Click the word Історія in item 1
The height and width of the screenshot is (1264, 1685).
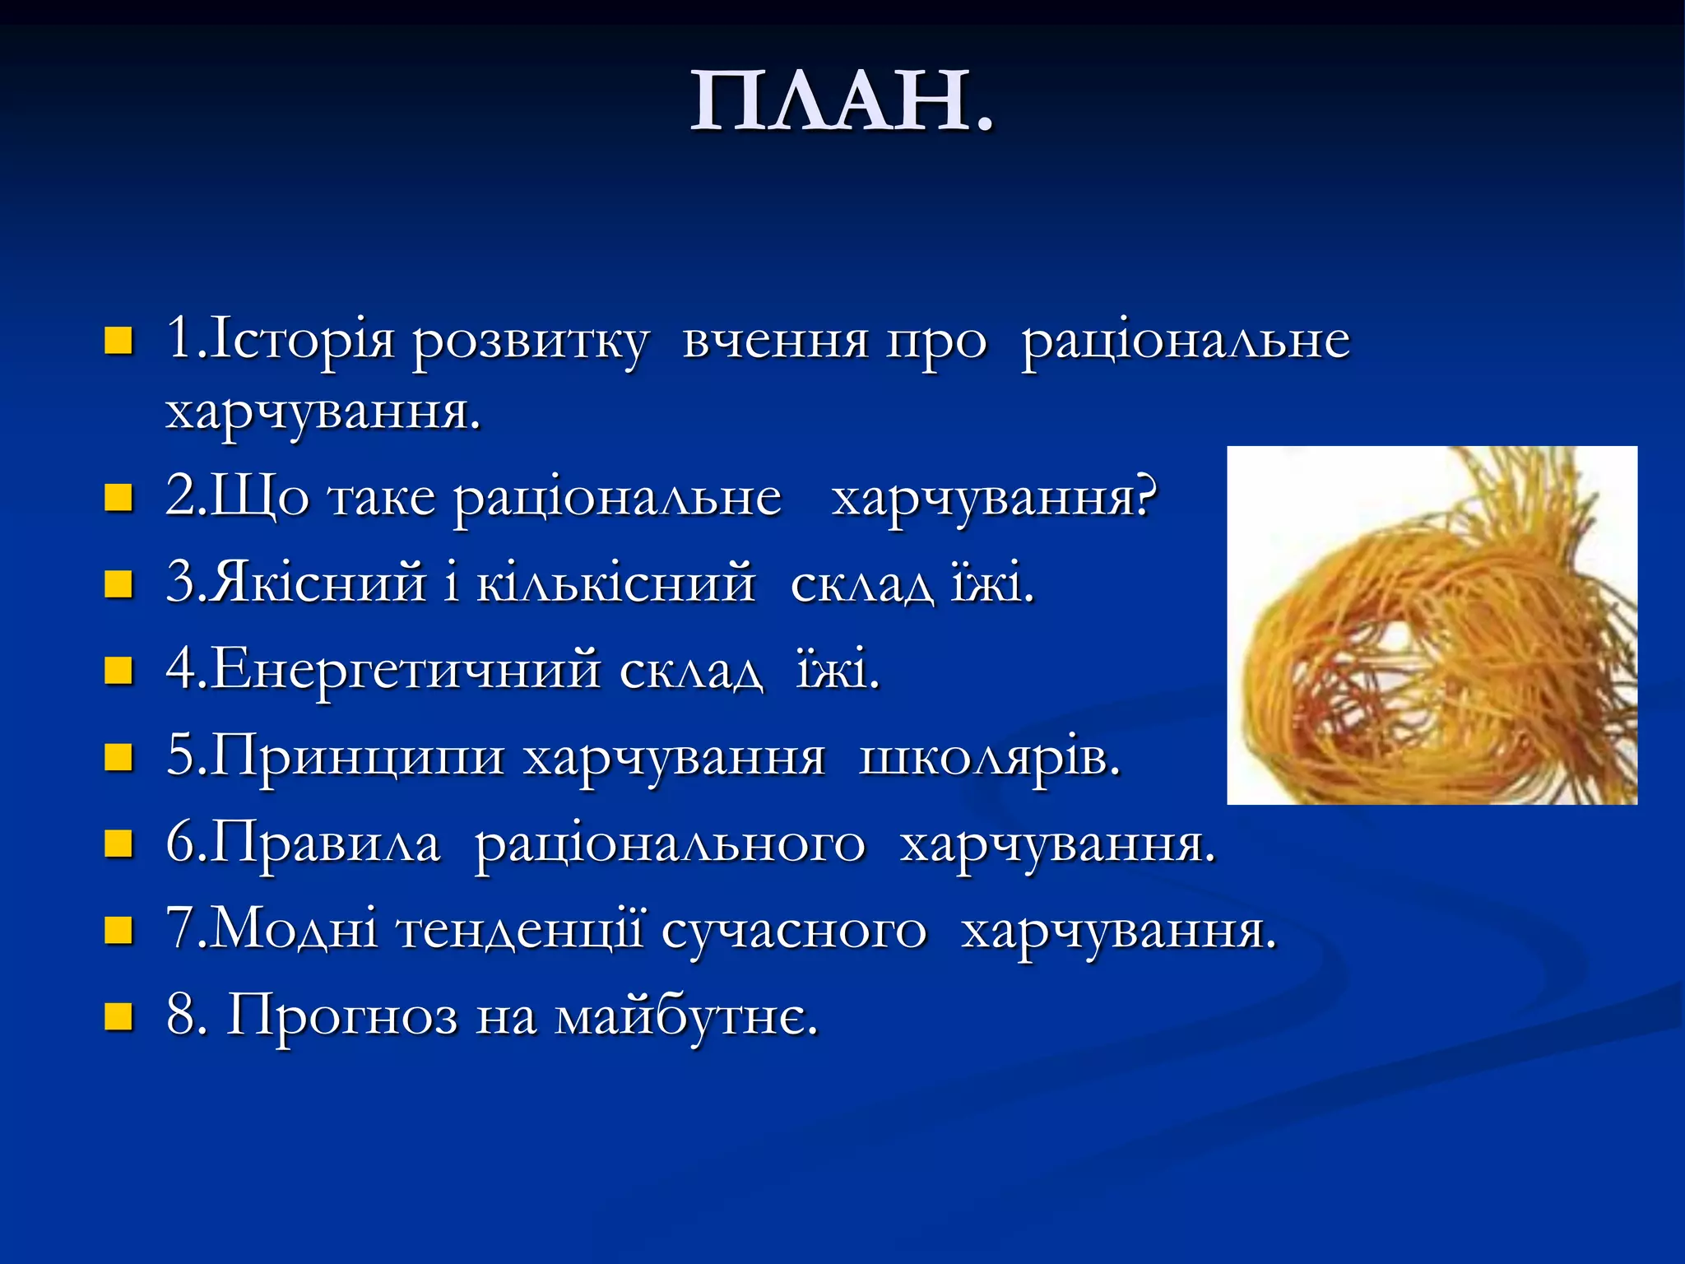coord(300,340)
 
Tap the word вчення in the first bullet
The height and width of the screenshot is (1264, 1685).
coord(775,340)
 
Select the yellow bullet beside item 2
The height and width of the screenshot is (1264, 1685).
coord(118,498)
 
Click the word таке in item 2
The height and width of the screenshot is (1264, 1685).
coord(381,498)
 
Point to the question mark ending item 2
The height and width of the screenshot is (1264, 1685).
coord(1145,495)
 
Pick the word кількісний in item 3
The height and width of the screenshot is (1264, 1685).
coord(615,583)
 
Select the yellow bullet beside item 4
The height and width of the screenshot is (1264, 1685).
coord(118,671)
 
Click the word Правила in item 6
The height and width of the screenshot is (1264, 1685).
coord(326,843)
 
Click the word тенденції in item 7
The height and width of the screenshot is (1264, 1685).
coord(520,930)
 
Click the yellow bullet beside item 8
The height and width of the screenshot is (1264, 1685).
coord(118,1017)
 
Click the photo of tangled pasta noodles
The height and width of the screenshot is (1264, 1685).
coord(1432,625)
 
